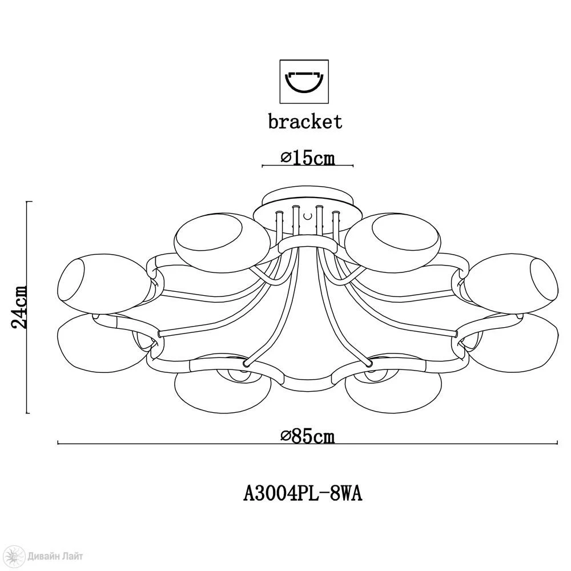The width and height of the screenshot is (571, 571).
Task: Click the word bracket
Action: coord(305,121)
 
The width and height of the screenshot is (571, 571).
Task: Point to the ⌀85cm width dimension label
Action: coord(307,436)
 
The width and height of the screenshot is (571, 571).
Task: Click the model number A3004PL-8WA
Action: coord(303,492)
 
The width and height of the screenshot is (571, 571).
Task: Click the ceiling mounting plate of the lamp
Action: coord(307,200)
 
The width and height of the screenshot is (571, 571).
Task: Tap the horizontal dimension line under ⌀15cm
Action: coord(307,166)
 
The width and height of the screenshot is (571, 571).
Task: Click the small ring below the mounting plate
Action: coord(307,245)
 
